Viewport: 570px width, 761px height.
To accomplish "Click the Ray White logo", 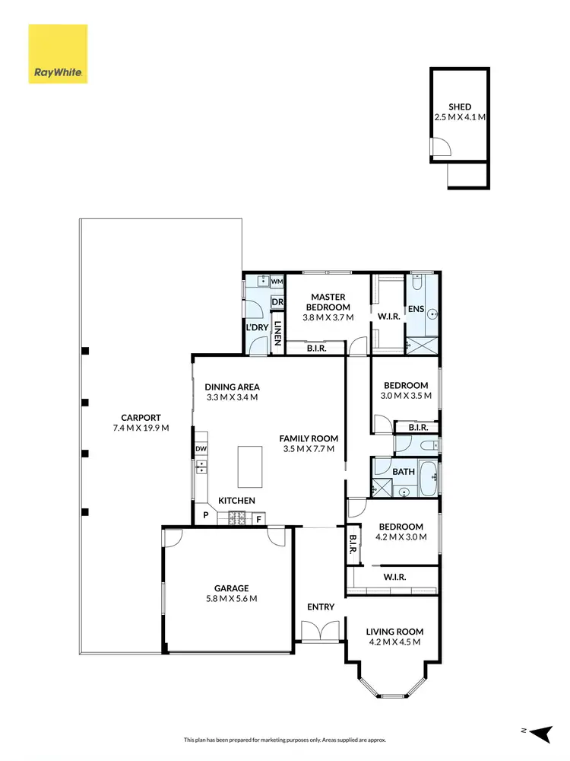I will [x=58, y=54].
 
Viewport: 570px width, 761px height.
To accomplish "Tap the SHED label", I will [x=459, y=107].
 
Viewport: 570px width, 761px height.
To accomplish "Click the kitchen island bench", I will [x=251, y=466].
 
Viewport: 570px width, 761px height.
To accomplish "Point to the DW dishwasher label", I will [x=201, y=448].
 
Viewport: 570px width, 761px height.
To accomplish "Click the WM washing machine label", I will [x=277, y=282].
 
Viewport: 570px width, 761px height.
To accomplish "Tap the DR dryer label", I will [x=277, y=302].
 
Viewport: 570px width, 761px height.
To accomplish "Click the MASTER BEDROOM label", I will [x=327, y=302].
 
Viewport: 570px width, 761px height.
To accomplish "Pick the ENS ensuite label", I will [x=416, y=309].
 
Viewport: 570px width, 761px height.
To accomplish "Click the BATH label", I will [x=404, y=472].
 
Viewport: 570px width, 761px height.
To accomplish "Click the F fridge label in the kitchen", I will [x=258, y=519].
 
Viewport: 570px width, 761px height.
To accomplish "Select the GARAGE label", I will [x=231, y=588].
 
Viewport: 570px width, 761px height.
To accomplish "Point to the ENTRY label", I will [x=321, y=607].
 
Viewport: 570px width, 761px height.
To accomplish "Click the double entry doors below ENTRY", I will [x=318, y=632].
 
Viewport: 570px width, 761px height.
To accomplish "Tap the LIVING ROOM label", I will [x=394, y=632].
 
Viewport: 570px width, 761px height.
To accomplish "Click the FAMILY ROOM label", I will [x=309, y=438].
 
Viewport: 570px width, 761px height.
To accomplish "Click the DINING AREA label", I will [x=232, y=387].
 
